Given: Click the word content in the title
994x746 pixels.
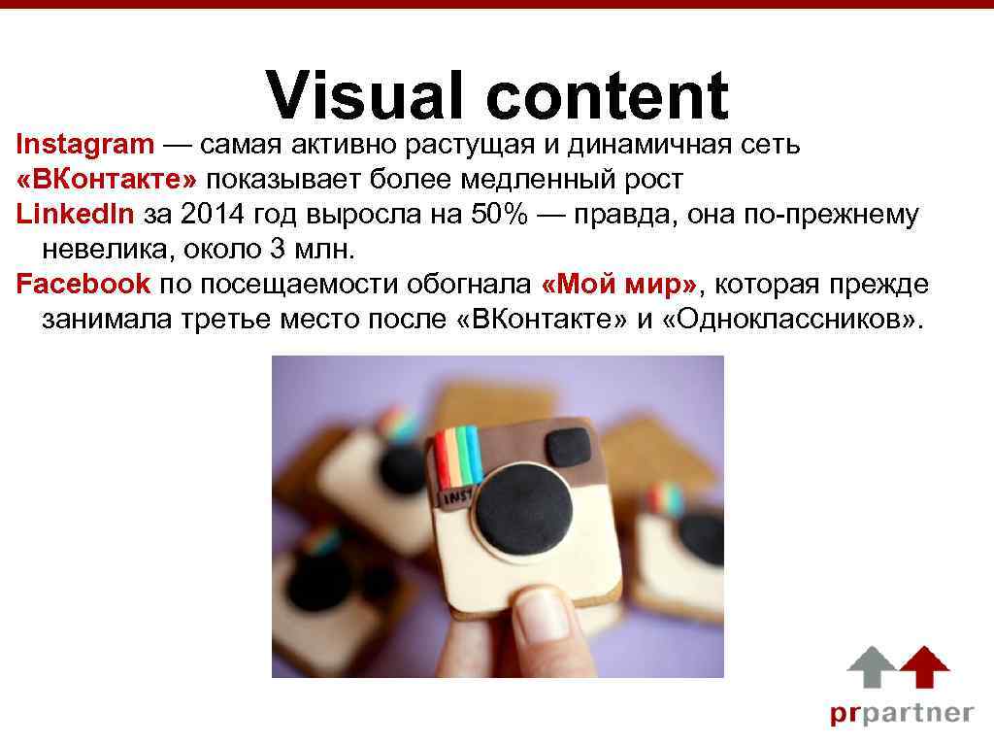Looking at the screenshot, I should (608, 97).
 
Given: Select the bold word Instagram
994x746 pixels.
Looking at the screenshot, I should (85, 146).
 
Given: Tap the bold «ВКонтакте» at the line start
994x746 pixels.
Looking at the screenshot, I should (106, 180).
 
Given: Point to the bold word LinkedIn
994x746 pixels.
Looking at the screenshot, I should (76, 215).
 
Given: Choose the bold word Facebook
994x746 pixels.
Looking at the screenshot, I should (83, 284).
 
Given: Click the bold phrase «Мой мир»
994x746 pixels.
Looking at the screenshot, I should (619, 284).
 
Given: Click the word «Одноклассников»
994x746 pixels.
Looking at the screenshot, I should (794, 319).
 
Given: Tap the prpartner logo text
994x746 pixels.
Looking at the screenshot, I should (900, 713).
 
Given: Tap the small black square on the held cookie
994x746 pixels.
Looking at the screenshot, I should (568, 446).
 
